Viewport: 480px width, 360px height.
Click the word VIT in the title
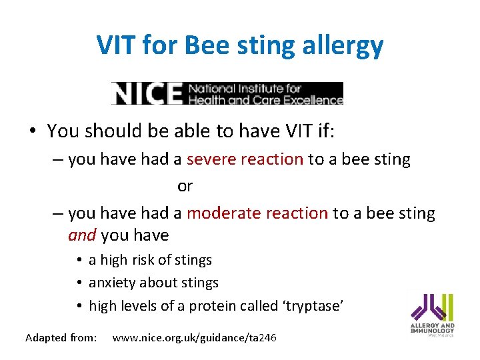[118, 45]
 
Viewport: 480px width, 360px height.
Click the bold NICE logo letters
[147, 94]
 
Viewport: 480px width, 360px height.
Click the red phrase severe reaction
[245, 159]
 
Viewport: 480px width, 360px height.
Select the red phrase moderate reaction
[257, 213]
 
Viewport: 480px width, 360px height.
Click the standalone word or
[185, 187]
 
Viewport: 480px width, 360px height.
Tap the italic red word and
[83, 235]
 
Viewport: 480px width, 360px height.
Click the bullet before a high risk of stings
[79, 261]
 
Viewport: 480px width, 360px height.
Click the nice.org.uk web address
[194, 338]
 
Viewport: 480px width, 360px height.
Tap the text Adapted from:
[61, 338]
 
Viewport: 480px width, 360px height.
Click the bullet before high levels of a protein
[79, 306]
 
